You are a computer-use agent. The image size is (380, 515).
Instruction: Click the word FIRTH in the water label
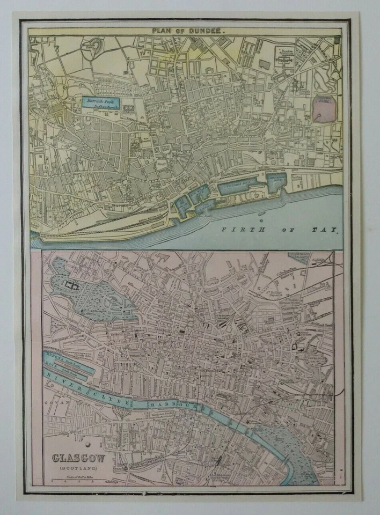click(x=236, y=230)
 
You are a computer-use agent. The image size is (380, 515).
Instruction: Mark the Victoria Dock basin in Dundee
click(x=239, y=187)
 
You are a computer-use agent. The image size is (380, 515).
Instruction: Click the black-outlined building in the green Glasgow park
click(x=71, y=286)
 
